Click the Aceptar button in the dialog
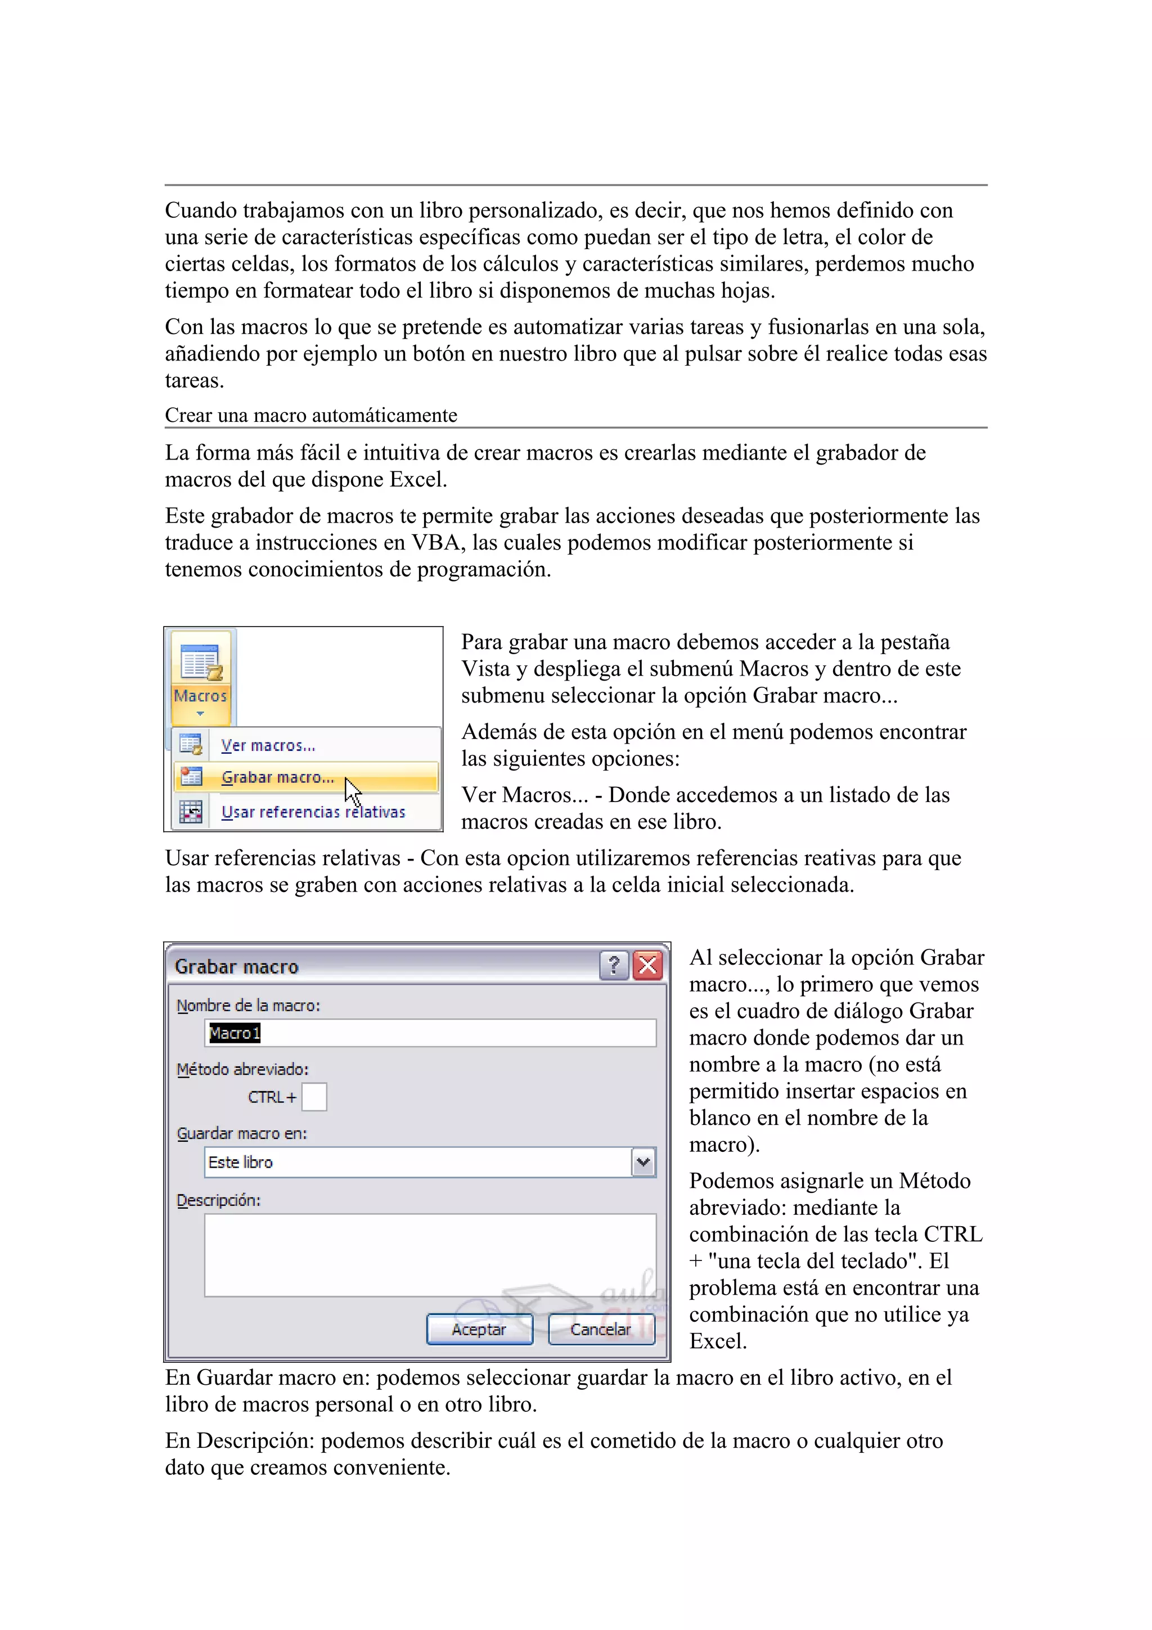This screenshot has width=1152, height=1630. click(479, 1329)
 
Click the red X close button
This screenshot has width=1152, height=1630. click(648, 966)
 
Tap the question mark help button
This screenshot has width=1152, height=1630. click(614, 966)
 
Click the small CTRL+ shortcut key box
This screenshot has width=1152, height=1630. click(314, 1097)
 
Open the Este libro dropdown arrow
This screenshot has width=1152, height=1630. click(643, 1162)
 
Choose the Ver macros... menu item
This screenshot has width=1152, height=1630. click(268, 745)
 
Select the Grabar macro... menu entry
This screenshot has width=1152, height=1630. click(277, 777)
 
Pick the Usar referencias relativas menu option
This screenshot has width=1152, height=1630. click(313, 812)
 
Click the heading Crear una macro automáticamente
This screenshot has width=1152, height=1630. click(311, 415)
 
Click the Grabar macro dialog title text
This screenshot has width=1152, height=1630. click(236, 967)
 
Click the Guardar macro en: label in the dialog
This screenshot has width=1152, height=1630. click(241, 1133)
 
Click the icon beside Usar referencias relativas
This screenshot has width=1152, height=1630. click(191, 812)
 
